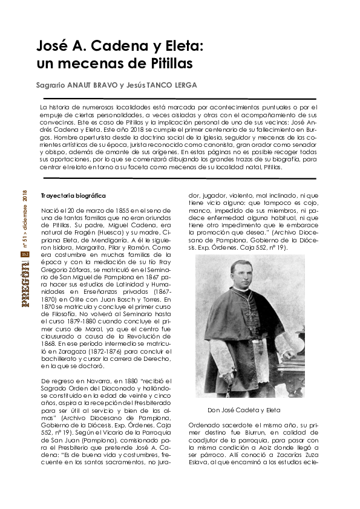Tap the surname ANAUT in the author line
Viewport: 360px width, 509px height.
click(x=88, y=85)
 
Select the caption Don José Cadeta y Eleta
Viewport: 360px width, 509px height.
click(x=247, y=410)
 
